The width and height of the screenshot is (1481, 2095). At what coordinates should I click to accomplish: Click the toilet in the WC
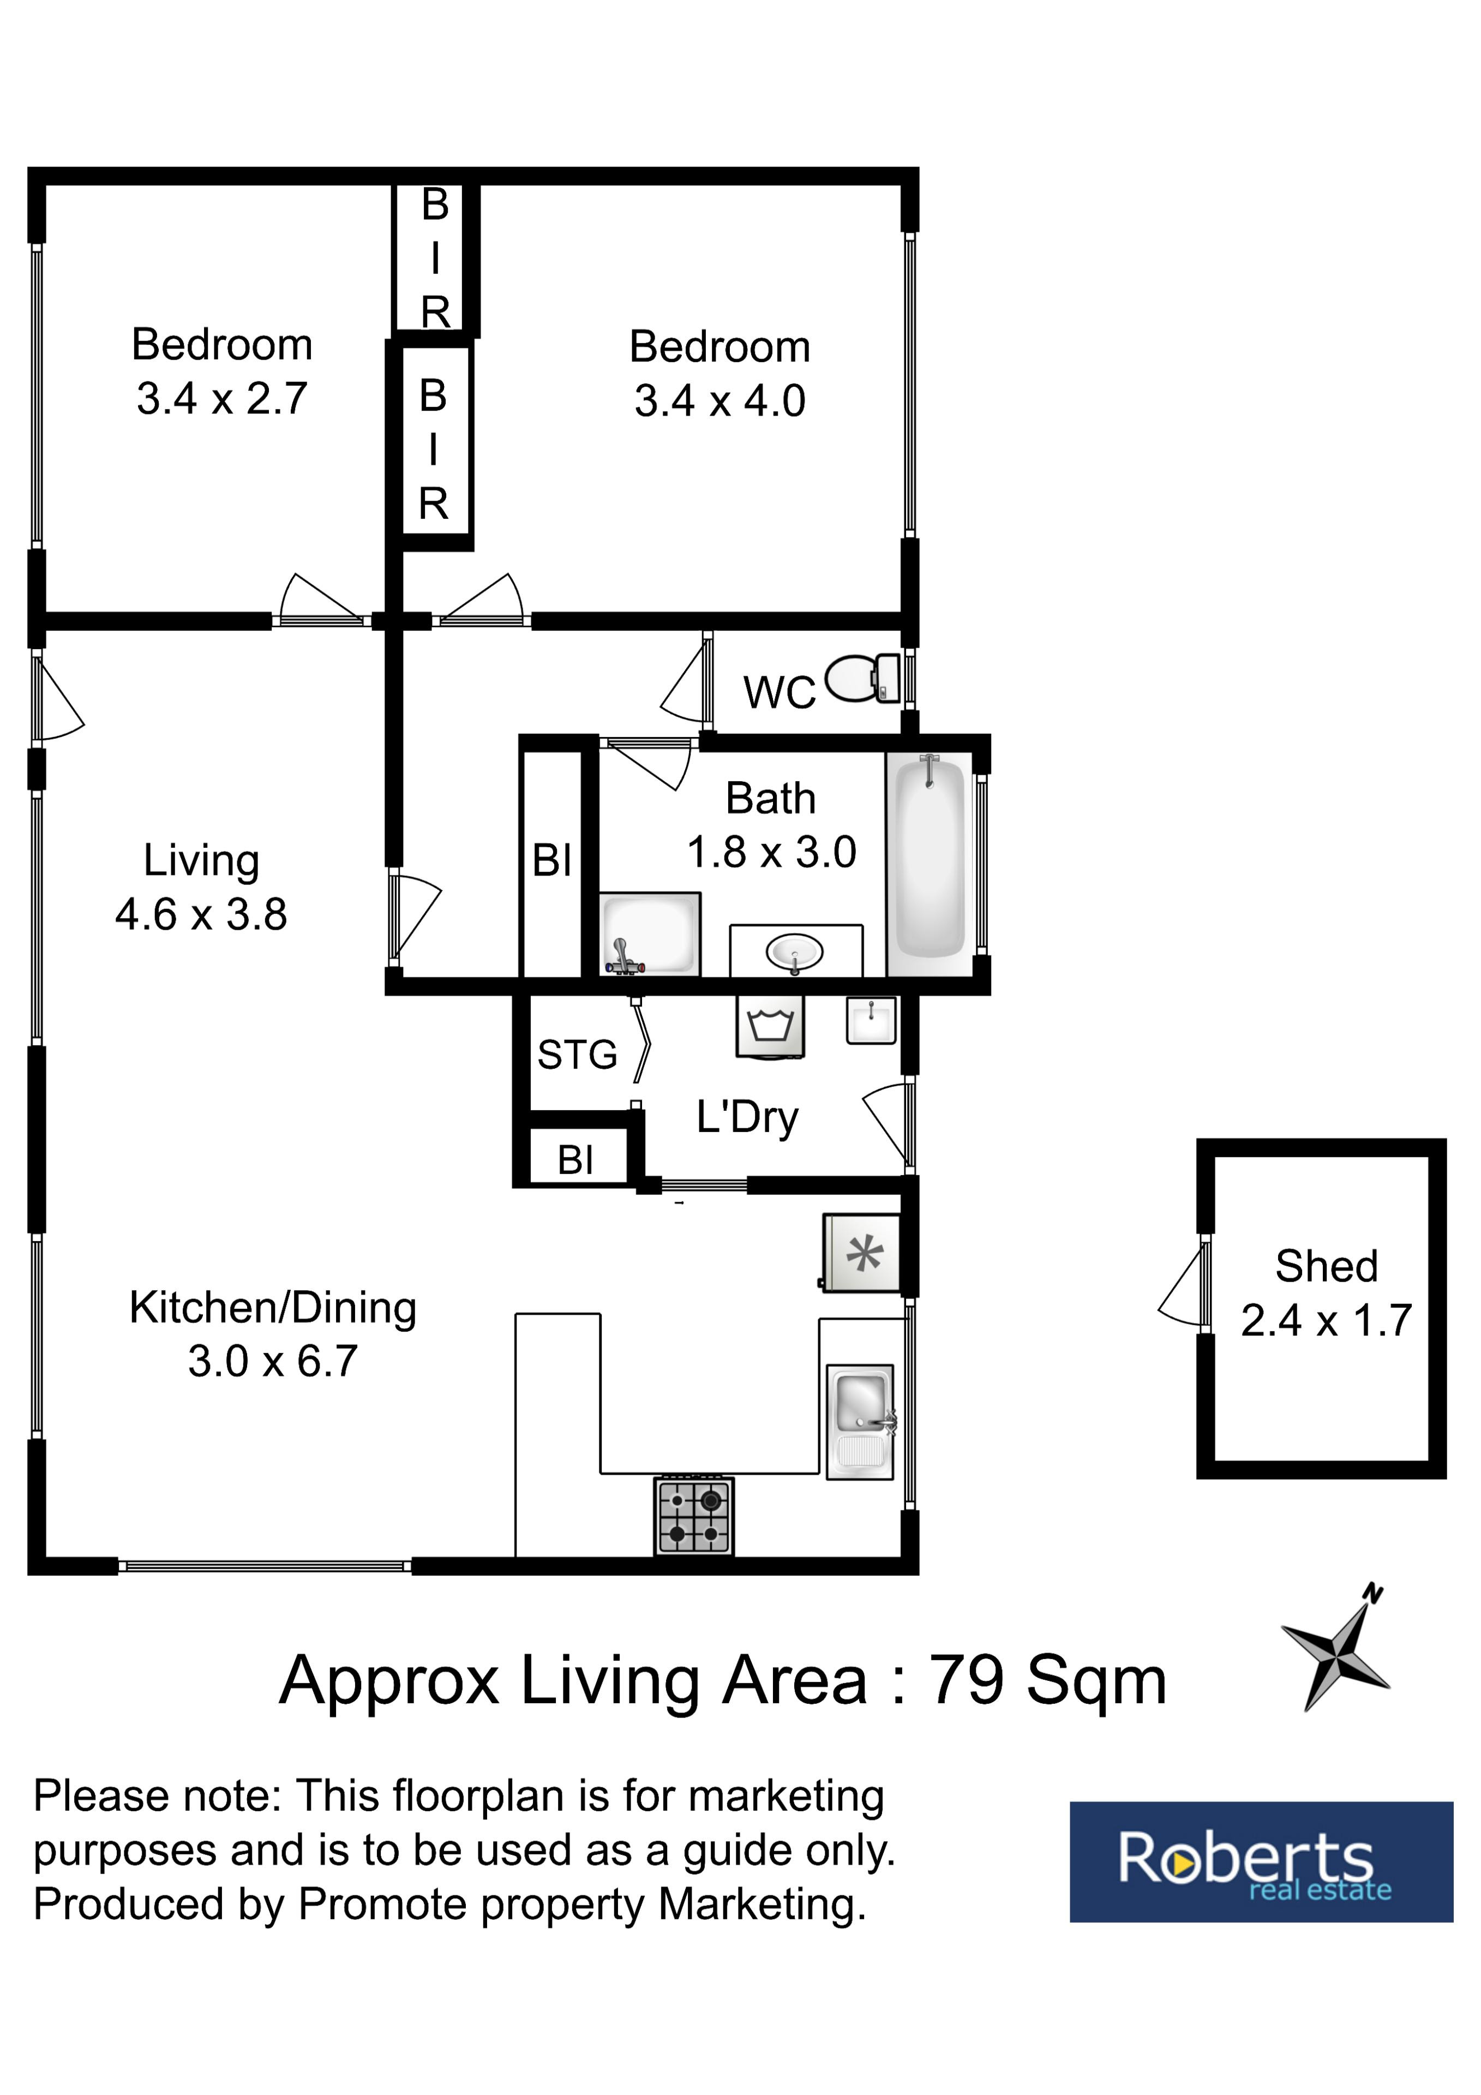pyautogui.click(x=862, y=678)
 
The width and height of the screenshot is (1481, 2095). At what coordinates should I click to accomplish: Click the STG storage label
pyautogui.click(x=577, y=1055)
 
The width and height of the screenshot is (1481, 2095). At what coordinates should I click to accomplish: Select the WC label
pyautogui.click(x=780, y=692)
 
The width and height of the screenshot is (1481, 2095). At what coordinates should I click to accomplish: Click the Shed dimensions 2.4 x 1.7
pyautogui.click(x=1326, y=1320)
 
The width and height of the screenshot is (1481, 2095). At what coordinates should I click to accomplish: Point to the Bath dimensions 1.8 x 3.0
pyautogui.click(x=771, y=852)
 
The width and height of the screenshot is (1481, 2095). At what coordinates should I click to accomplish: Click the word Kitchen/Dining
pyautogui.click(x=273, y=1308)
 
